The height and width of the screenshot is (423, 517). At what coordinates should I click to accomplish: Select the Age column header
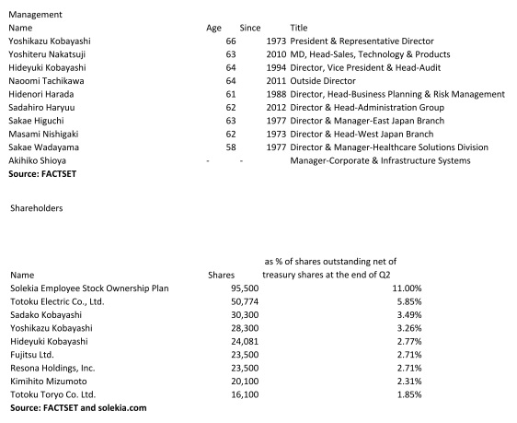coord(213,29)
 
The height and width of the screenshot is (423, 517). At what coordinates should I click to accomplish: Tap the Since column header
coord(249,29)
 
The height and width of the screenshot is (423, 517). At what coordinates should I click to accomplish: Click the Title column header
coord(298,29)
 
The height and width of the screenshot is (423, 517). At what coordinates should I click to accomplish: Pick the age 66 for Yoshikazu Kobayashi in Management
coord(231,41)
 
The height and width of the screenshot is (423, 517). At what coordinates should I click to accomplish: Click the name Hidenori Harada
coord(45,95)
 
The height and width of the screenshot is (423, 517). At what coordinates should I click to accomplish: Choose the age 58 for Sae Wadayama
coord(231,147)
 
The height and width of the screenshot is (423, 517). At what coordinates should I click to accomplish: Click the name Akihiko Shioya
coord(41,161)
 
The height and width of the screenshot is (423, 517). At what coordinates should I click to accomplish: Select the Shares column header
coord(222,274)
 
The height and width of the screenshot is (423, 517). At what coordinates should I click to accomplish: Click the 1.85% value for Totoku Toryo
coord(408,394)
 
